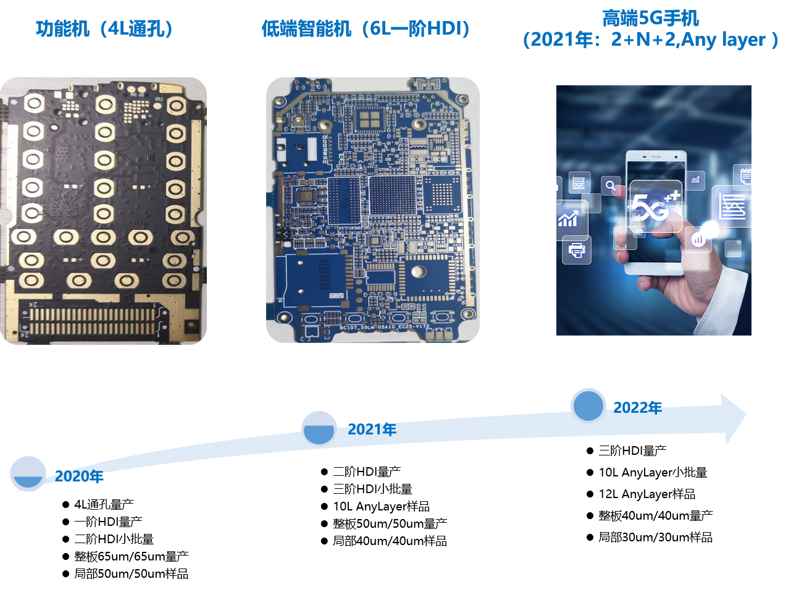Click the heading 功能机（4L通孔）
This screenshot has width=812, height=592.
point(105,29)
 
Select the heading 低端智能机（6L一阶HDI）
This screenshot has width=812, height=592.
point(366,29)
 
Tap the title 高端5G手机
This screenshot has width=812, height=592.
point(651,18)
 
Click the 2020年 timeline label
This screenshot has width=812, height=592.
point(79,476)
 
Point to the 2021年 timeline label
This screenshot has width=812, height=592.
point(372,429)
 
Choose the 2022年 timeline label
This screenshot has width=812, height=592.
point(638,408)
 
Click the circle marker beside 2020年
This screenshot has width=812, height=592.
point(28,474)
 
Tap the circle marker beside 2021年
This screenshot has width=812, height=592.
point(319,428)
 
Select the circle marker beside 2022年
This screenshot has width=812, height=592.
point(588,405)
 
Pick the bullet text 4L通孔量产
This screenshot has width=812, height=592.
point(104,504)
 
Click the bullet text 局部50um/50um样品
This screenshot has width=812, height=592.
point(132,573)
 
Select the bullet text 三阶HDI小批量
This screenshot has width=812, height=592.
point(372,489)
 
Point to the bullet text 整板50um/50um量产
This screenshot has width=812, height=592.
point(390,523)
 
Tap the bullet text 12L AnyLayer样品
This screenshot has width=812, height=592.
point(647,494)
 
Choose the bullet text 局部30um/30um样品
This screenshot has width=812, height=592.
point(655,537)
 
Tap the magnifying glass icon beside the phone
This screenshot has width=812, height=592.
point(611,186)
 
